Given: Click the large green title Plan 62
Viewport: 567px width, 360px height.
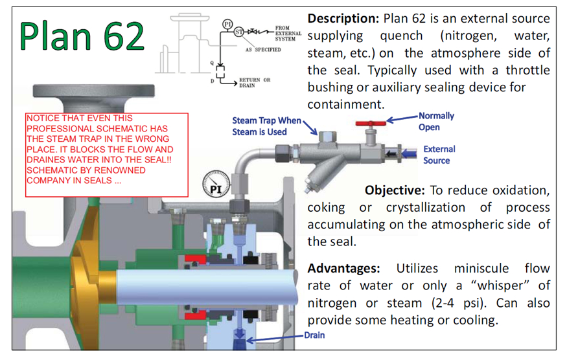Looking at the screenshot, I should (82, 36).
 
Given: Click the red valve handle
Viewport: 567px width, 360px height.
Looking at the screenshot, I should (371, 122).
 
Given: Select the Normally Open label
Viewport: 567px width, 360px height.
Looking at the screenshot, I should (436, 121).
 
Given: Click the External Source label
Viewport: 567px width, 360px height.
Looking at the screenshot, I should (439, 154).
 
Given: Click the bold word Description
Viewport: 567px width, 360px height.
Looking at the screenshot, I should (343, 18).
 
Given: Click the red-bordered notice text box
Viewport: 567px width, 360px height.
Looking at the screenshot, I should (107, 154).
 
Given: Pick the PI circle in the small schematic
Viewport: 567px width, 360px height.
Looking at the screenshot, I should (227, 24).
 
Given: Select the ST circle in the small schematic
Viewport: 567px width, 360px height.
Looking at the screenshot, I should (239, 31).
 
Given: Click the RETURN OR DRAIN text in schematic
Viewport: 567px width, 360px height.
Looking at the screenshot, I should (255, 82).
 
